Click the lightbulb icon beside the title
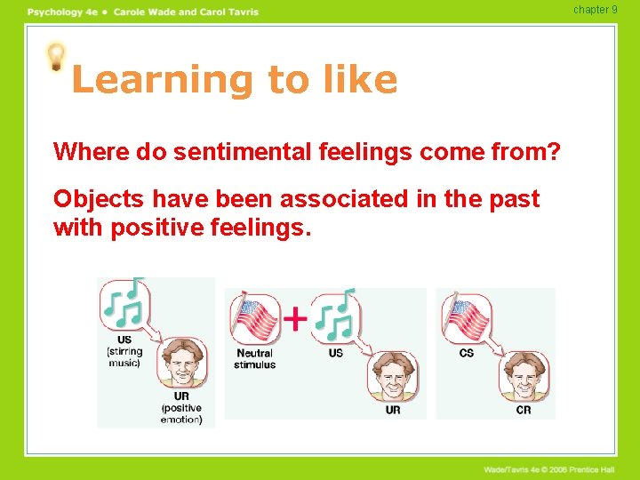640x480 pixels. [56, 58]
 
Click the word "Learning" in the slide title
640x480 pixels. [161, 80]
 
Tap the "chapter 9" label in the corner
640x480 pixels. [595, 10]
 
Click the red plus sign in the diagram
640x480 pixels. [294, 316]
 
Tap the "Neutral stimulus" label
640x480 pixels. [254, 358]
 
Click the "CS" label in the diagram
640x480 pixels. [467, 353]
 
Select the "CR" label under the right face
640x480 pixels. [524, 410]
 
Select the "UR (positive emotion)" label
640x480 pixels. [181, 407]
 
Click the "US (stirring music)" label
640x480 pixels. [124, 351]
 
